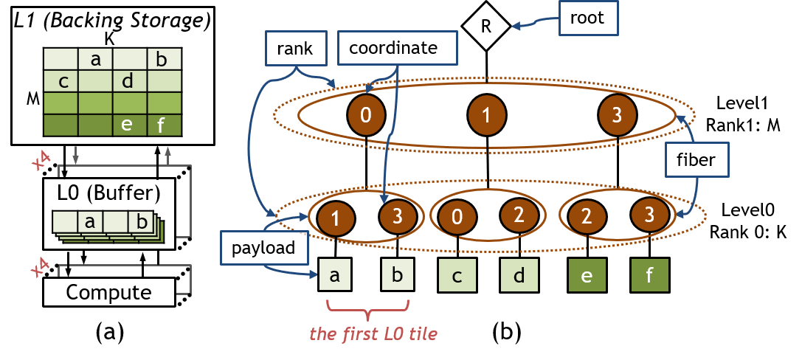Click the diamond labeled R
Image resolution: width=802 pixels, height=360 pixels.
point(486,26)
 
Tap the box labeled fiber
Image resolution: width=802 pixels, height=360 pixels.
point(696,159)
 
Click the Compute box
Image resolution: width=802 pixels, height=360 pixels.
point(108,292)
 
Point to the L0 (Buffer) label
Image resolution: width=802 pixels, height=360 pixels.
point(108,195)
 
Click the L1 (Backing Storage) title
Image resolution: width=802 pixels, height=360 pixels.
point(113,21)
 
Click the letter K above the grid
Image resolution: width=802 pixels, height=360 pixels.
point(109,41)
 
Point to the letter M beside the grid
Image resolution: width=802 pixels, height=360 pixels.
point(32,98)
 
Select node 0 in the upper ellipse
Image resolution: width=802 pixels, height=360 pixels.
point(366,114)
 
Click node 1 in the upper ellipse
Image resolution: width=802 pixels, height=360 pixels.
point(486,114)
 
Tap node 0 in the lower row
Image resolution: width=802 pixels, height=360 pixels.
point(457,218)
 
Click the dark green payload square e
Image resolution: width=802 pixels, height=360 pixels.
point(587,276)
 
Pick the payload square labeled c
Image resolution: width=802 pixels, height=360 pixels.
point(457,276)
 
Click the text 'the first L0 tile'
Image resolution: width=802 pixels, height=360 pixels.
point(373,333)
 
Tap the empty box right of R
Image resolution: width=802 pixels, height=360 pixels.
point(588,18)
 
